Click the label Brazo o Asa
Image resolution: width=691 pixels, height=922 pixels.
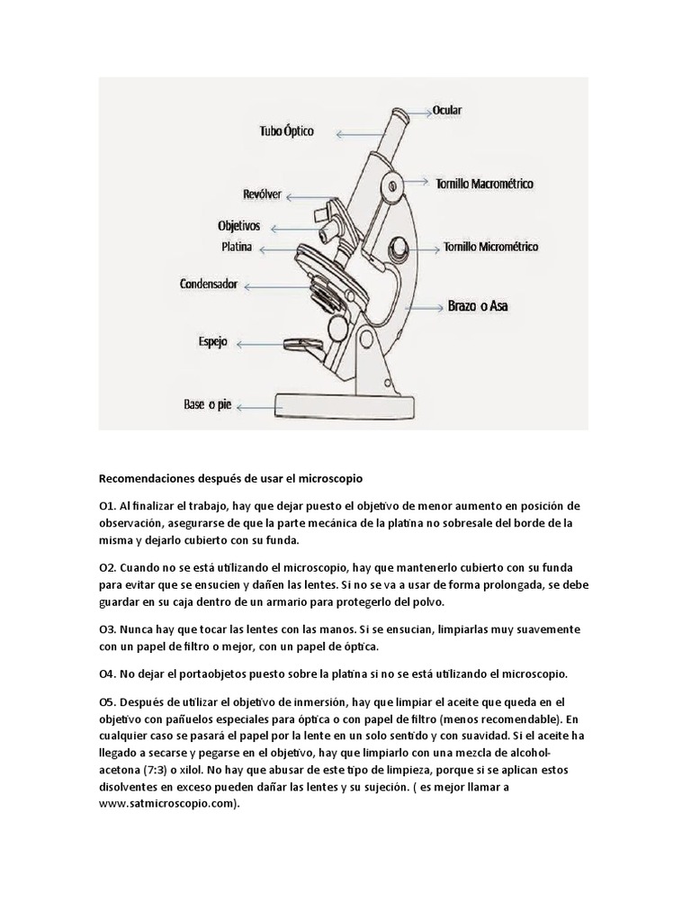tap(478, 306)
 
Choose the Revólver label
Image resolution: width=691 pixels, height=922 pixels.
tap(262, 194)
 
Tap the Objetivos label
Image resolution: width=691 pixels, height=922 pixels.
tap(238, 225)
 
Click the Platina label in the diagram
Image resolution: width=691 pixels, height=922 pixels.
tap(237, 247)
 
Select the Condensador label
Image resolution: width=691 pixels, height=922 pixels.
tap(208, 285)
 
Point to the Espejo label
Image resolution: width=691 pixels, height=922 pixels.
tap(212, 342)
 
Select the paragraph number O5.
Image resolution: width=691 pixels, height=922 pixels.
tap(107, 701)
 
